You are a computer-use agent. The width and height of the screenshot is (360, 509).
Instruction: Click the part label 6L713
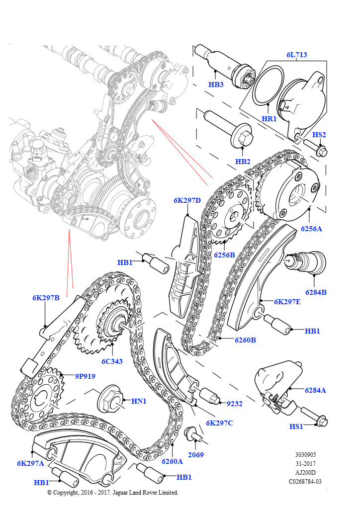click(x=296, y=55)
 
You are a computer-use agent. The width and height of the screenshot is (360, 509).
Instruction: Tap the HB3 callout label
click(x=216, y=85)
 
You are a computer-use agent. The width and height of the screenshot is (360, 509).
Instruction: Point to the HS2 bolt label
click(x=319, y=135)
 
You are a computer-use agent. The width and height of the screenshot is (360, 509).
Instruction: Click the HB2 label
click(x=243, y=162)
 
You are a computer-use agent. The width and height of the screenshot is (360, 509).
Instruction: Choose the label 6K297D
click(x=187, y=200)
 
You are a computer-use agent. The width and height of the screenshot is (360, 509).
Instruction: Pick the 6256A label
click(x=311, y=229)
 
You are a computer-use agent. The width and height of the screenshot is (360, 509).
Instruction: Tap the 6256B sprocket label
click(x=224, y=254)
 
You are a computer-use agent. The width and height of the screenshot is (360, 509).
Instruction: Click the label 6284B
click(x=316, y=292)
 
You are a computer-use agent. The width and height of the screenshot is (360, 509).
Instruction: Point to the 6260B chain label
click(x=246, y=340)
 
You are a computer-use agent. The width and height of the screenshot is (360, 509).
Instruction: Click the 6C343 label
click(x=112, y=361)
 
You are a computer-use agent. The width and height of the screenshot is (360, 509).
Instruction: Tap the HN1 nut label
click(x=139, y=401)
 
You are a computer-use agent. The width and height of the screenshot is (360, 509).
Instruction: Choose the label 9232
click(x=234, y=404)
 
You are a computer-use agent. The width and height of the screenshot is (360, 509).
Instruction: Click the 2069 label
click(x=195, y=454)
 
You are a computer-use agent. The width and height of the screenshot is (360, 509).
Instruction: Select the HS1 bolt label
click(x=297, y=426)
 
